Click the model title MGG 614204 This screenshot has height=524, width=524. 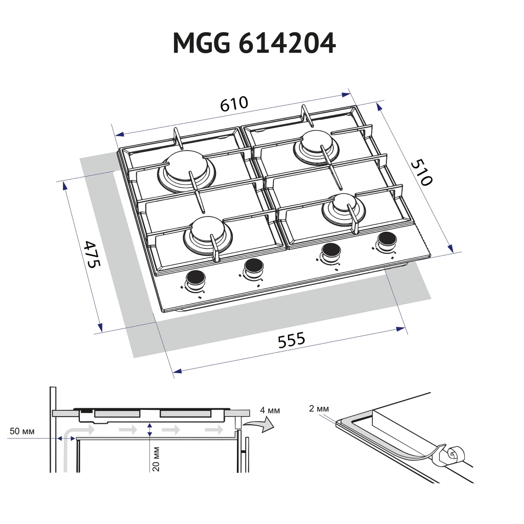point(254,43)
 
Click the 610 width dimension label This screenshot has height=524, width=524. point(234,103)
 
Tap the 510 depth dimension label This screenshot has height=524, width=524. point(423,172)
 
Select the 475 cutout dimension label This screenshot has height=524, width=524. point(93,254)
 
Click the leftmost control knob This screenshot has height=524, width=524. point(195,278)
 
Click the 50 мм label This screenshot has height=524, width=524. point(22,431)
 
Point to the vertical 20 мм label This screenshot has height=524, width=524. point(157,458)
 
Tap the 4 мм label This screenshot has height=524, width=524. point(270,410)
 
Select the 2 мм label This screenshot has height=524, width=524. point(318,408)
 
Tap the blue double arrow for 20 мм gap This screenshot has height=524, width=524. point(149,430)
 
